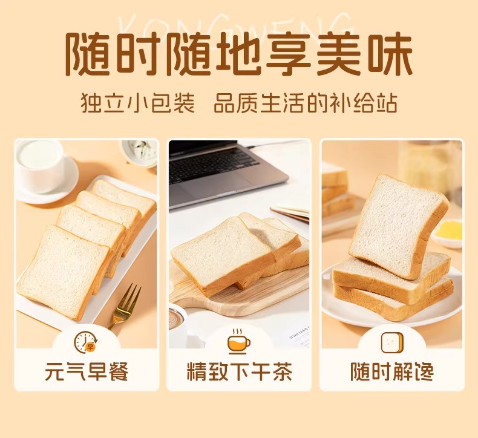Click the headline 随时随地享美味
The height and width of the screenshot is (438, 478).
tap(239, 54)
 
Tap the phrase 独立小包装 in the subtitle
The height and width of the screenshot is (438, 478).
tap(138, 103)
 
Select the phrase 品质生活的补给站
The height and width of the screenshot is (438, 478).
tap(305, 103)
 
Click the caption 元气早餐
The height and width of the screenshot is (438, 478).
tap(87, 371)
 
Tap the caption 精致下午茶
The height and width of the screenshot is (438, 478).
tap(240, 371)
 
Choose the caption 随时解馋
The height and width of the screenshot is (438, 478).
tap(391, 371)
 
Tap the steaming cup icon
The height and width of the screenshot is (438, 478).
tap(239, 341)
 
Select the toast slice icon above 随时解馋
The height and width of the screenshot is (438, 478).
tap(392, 342)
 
